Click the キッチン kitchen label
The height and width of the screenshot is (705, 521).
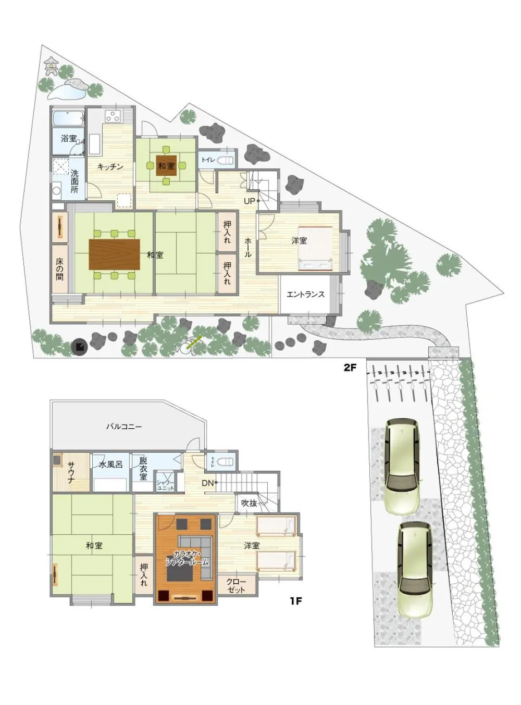110,166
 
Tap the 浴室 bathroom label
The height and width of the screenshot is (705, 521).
69,138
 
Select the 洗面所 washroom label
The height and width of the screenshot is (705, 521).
75,182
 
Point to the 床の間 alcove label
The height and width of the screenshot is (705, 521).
59,266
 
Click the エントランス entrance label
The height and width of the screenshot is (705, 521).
305,294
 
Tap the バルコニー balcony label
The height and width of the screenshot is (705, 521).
124,426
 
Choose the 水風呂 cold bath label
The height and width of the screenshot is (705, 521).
110,464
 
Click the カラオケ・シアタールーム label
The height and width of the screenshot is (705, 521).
187,558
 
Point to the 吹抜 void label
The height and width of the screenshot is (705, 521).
249,503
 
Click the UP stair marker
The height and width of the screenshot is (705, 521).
250,201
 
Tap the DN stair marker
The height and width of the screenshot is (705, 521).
207,483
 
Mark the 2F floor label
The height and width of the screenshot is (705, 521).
350,367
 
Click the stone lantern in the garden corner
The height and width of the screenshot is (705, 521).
52,66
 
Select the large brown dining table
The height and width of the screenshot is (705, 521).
115,254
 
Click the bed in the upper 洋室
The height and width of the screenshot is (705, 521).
315,248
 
